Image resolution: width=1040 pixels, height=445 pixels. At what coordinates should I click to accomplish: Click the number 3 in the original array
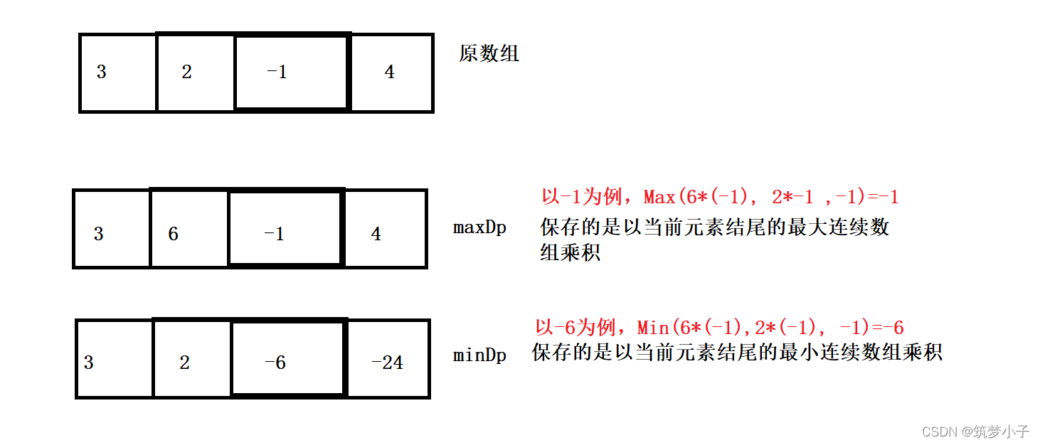(101, 72)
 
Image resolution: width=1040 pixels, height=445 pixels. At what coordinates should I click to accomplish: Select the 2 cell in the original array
(186, 72)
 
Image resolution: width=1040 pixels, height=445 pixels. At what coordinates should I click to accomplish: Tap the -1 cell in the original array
(277, 72)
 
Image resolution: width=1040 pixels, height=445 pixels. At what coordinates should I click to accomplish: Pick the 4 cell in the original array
(389, 72)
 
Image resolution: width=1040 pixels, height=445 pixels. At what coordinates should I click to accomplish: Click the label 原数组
(489, 54)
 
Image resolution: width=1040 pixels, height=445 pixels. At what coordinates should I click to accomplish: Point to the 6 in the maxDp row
(173, 234)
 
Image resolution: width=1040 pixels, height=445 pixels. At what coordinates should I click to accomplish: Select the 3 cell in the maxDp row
(99, 234)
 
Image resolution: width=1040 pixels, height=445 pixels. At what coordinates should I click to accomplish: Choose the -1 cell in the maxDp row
(274, 234)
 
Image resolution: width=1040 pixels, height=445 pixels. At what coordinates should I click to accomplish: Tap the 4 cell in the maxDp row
(376, 234)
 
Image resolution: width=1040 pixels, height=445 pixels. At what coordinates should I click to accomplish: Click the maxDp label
(479, 228)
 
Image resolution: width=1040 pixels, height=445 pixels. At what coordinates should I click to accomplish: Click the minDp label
(479, 355)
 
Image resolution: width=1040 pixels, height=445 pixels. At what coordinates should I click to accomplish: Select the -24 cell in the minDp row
(387, 363)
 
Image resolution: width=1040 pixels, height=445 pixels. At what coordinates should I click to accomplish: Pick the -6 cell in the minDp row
(275, 363)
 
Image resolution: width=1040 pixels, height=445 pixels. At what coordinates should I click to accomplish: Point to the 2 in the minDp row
(184, 363)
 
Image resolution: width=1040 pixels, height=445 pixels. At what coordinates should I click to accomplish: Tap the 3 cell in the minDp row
(89, 363)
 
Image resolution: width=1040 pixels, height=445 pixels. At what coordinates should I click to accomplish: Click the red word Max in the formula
(659, 197)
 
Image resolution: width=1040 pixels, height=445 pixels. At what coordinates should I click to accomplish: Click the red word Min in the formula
(653, 328)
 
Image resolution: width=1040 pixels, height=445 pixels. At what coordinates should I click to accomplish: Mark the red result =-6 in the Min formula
(885, 328)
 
